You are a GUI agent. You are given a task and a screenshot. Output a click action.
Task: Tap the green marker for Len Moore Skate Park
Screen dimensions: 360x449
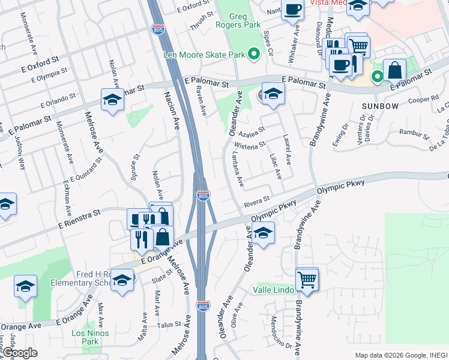coord(254,55)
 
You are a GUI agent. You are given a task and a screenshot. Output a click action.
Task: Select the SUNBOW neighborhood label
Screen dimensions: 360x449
coord(380,106)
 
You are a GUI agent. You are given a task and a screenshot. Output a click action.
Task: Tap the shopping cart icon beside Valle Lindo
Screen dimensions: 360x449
coord(307,278)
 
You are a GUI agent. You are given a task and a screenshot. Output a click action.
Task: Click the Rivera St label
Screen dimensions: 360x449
coord(258,205)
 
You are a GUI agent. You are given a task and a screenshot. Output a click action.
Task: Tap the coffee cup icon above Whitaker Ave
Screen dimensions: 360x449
coord(292,10)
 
